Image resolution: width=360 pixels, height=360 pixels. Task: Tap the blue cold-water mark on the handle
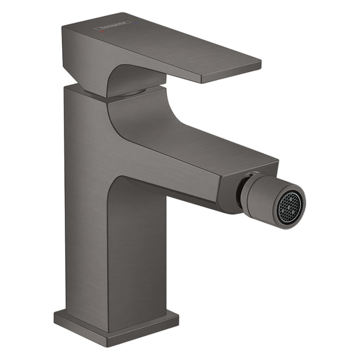tap(137, 23)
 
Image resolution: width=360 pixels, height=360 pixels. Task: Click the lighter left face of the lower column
tap(85, 231)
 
